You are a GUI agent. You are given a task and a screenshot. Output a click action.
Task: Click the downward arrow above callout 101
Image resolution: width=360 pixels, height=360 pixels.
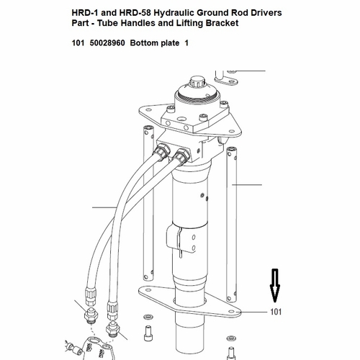point(275,285)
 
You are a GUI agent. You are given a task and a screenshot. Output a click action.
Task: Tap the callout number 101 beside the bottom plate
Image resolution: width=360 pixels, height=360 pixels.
point(276,312)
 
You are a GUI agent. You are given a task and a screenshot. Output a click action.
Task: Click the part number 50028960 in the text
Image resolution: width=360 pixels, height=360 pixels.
point(107,43)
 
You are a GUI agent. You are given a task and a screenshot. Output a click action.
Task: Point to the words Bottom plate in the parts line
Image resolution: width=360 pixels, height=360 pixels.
point(155,43)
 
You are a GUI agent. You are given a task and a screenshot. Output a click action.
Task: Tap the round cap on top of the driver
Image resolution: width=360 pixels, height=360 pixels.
point(197,82)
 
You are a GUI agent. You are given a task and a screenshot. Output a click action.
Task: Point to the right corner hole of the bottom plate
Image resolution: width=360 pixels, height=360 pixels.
point(231,311)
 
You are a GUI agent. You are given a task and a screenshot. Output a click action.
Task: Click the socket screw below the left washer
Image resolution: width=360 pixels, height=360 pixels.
point(148,333)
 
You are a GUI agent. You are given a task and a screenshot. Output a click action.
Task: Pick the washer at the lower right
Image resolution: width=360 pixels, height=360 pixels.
point(231,338)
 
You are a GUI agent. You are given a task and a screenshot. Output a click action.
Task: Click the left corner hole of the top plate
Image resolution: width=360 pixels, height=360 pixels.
point(149,110)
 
